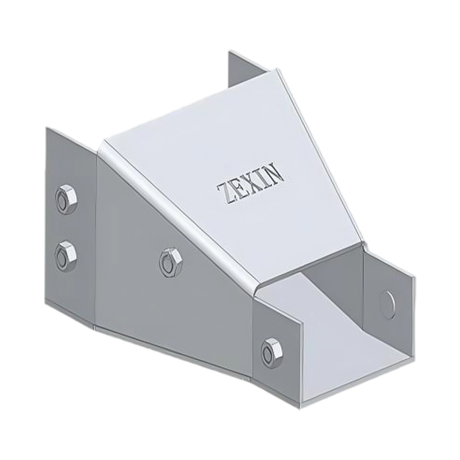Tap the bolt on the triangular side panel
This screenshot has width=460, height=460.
point(168,262)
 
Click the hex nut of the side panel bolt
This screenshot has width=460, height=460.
point(168,262)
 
